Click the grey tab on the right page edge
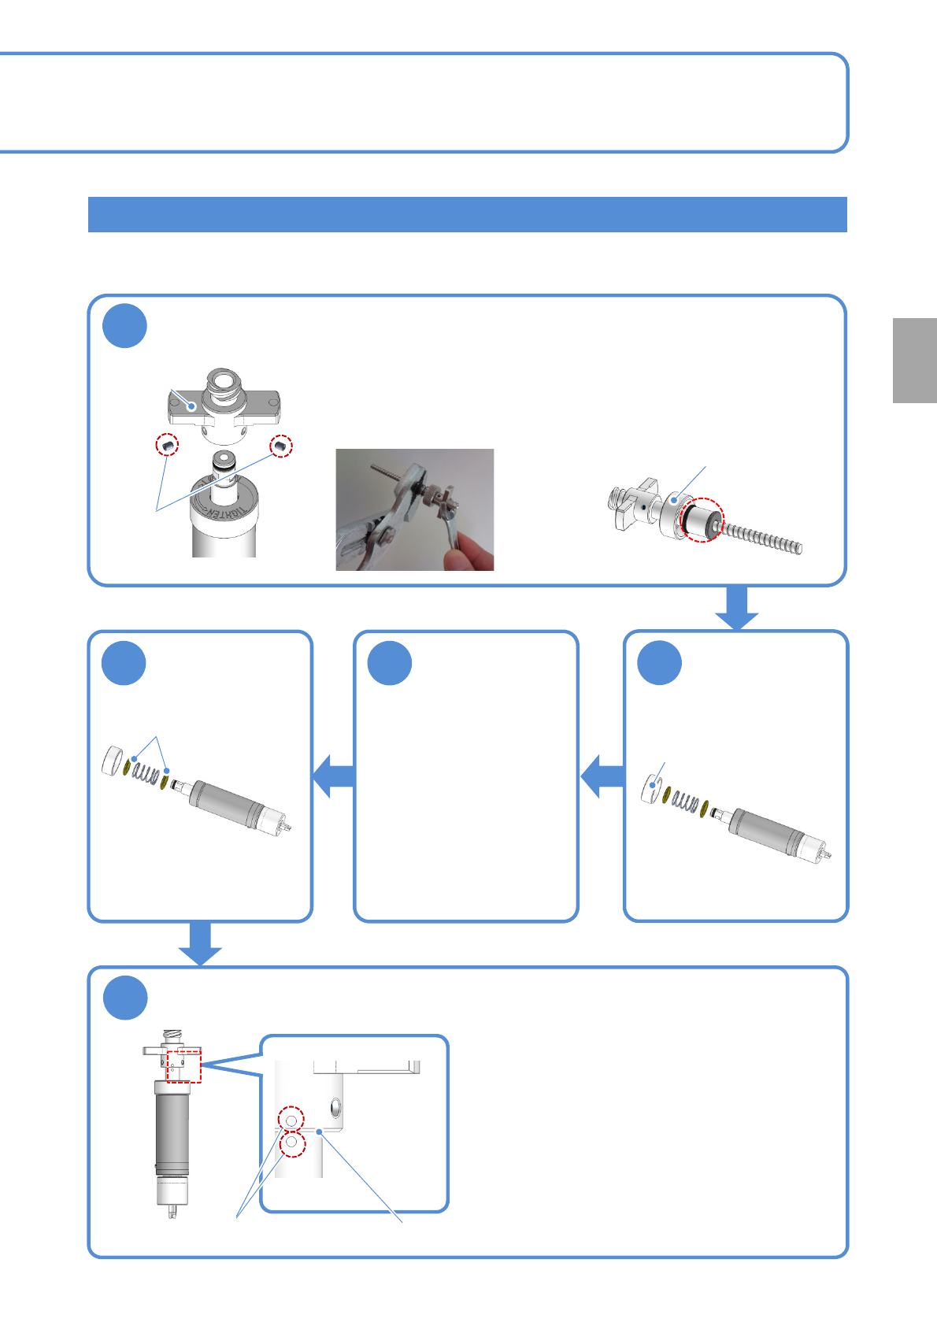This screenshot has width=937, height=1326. tap(914, 361)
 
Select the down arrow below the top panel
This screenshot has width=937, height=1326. tap(737, 609)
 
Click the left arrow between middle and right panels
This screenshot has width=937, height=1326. tap(602, 776)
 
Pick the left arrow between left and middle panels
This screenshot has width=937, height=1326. tap(334, 776)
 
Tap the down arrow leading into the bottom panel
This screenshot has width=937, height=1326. tap(200, 943)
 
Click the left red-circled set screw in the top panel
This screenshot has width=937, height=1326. tap(167, 446)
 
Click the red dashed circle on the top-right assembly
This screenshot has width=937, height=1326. tap(702, 520)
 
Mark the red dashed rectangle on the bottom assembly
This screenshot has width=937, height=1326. tap(185, 1065)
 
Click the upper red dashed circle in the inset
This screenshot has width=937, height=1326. tap(291, 1119)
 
